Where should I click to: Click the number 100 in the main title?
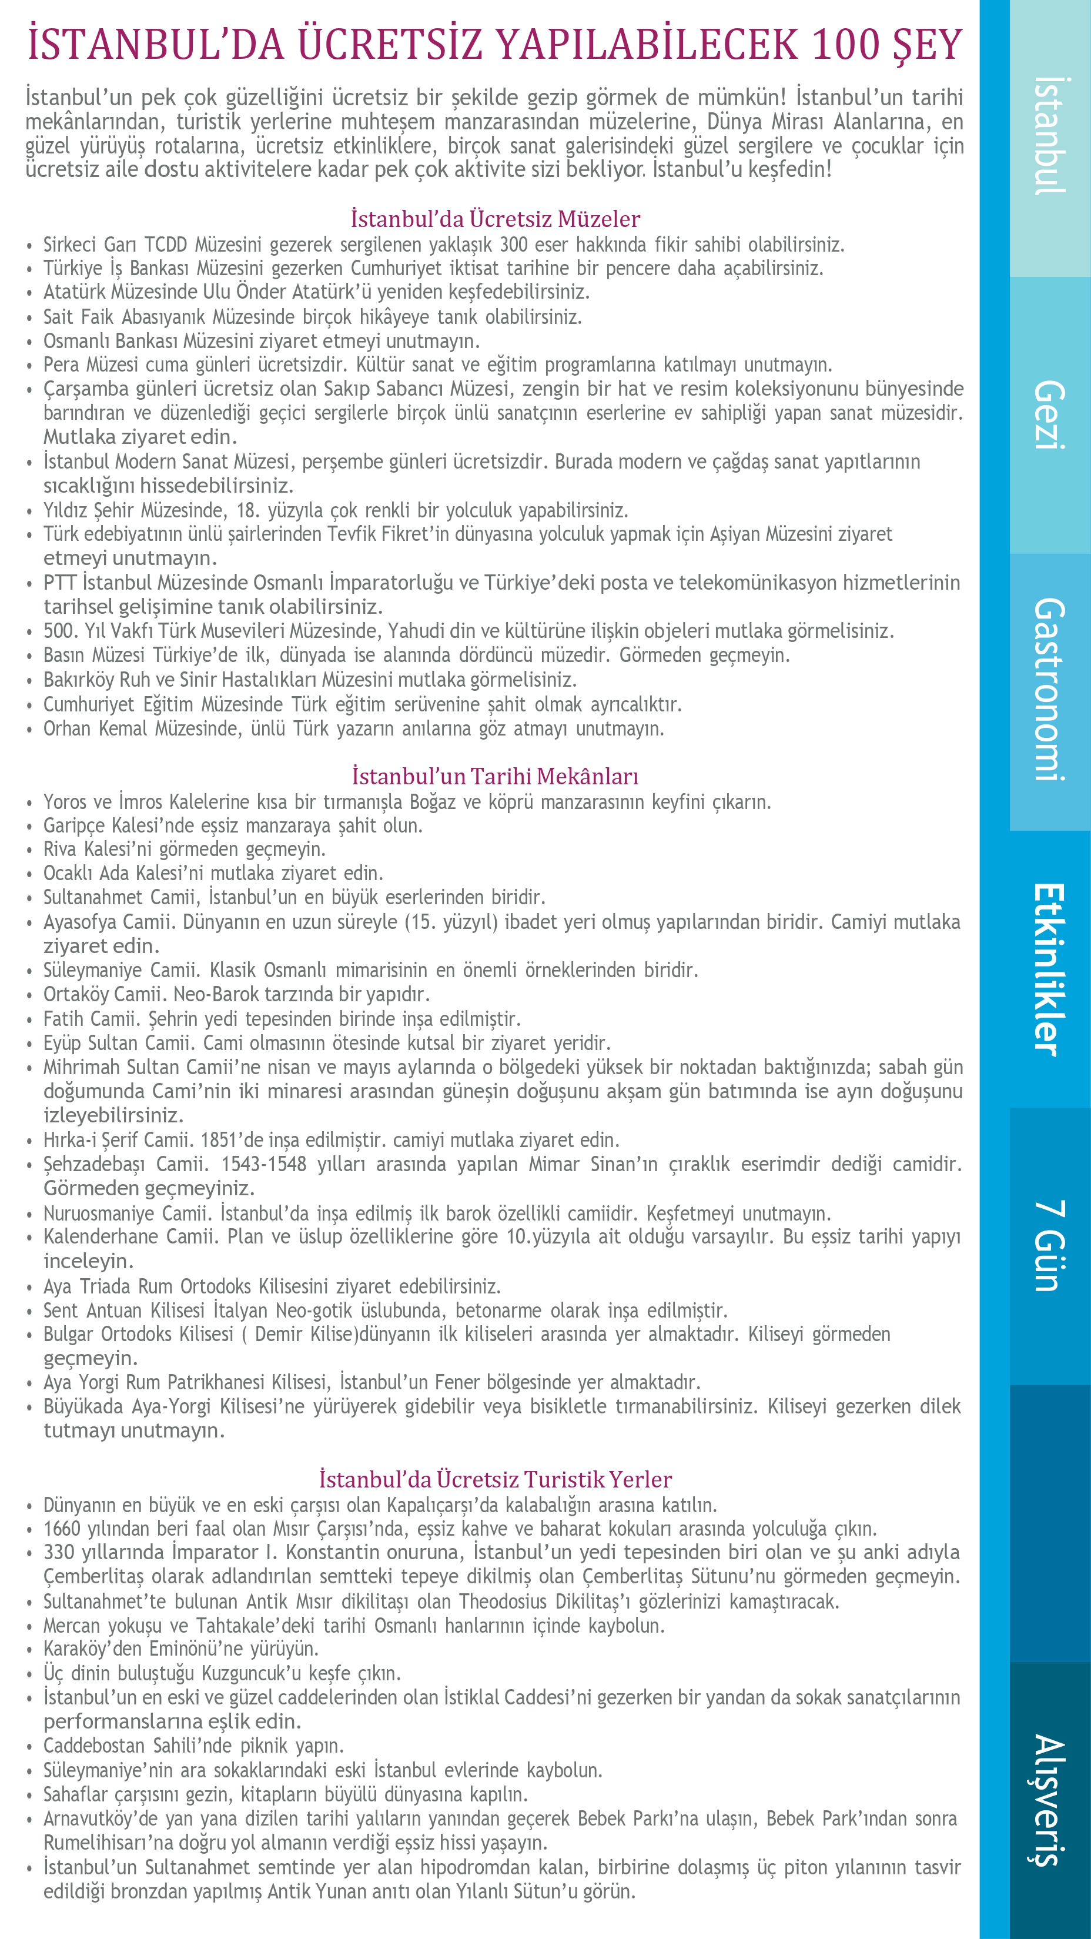click(846, 45)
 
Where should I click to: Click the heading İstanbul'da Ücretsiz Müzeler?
click(495, 219)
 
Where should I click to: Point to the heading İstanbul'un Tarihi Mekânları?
click(495, 776)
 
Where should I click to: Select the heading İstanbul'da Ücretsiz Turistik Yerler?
click(495, 1479)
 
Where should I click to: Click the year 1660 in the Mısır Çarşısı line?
click(61, 1529)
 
